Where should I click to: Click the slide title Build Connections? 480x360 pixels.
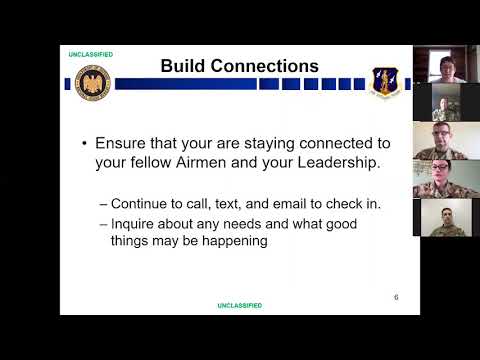click(x=239, y=67)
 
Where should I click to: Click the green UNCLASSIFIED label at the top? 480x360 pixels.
click(x=90, y=54)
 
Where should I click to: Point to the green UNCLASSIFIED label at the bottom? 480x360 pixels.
click(x=240, y=305)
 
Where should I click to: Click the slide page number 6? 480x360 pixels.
click(x=396, y=297)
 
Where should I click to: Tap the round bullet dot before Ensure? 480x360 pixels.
click(x=85, y=142)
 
